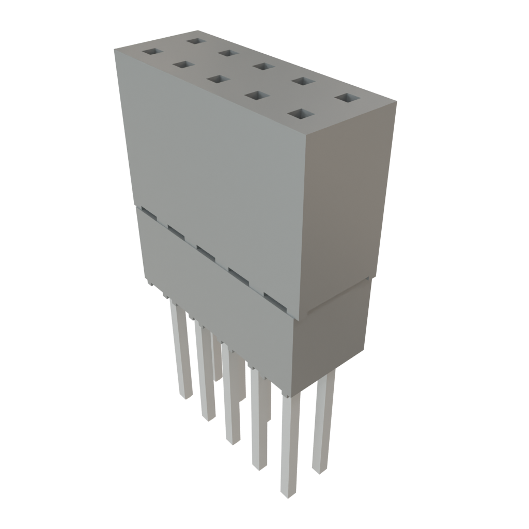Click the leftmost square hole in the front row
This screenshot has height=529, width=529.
click(x=152, y=52)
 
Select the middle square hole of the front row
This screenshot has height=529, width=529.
click(x=217, y=79)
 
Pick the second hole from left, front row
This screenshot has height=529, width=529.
click(x=183, y=65)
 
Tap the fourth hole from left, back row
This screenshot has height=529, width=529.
click(x=303, y=81)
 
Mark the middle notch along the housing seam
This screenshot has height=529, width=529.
click(x=206, y=252)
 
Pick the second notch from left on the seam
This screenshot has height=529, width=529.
click(x=176, y=231)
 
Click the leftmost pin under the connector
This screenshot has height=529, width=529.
click(x=181, y=351)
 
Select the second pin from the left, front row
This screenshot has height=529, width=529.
click(x=205, y=372)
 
